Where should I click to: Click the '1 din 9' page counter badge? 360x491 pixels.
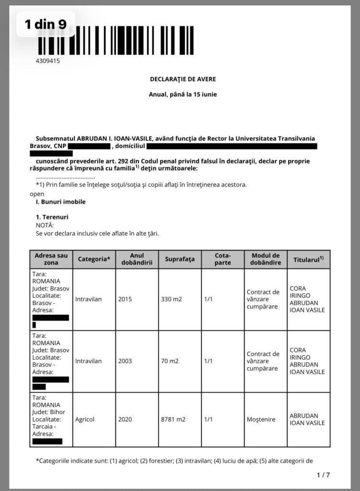pos(46,24)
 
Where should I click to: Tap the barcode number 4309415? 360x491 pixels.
pos(48,61)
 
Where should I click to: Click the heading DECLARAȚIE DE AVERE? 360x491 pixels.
pos(179,79)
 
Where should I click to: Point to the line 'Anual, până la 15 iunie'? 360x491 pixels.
pos(183,94)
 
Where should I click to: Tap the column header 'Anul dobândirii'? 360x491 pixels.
pos(137,259)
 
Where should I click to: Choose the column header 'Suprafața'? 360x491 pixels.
pos(180,259)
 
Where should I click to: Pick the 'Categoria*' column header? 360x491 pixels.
pos(94,259)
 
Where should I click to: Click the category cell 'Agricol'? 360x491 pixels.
pos(85,419)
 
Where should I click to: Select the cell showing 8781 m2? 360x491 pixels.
pos(173,419)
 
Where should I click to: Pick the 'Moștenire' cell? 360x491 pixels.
pos(261,419)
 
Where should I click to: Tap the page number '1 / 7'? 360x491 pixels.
pos(323,475)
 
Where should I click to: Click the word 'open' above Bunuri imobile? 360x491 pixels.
pos(36,194)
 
